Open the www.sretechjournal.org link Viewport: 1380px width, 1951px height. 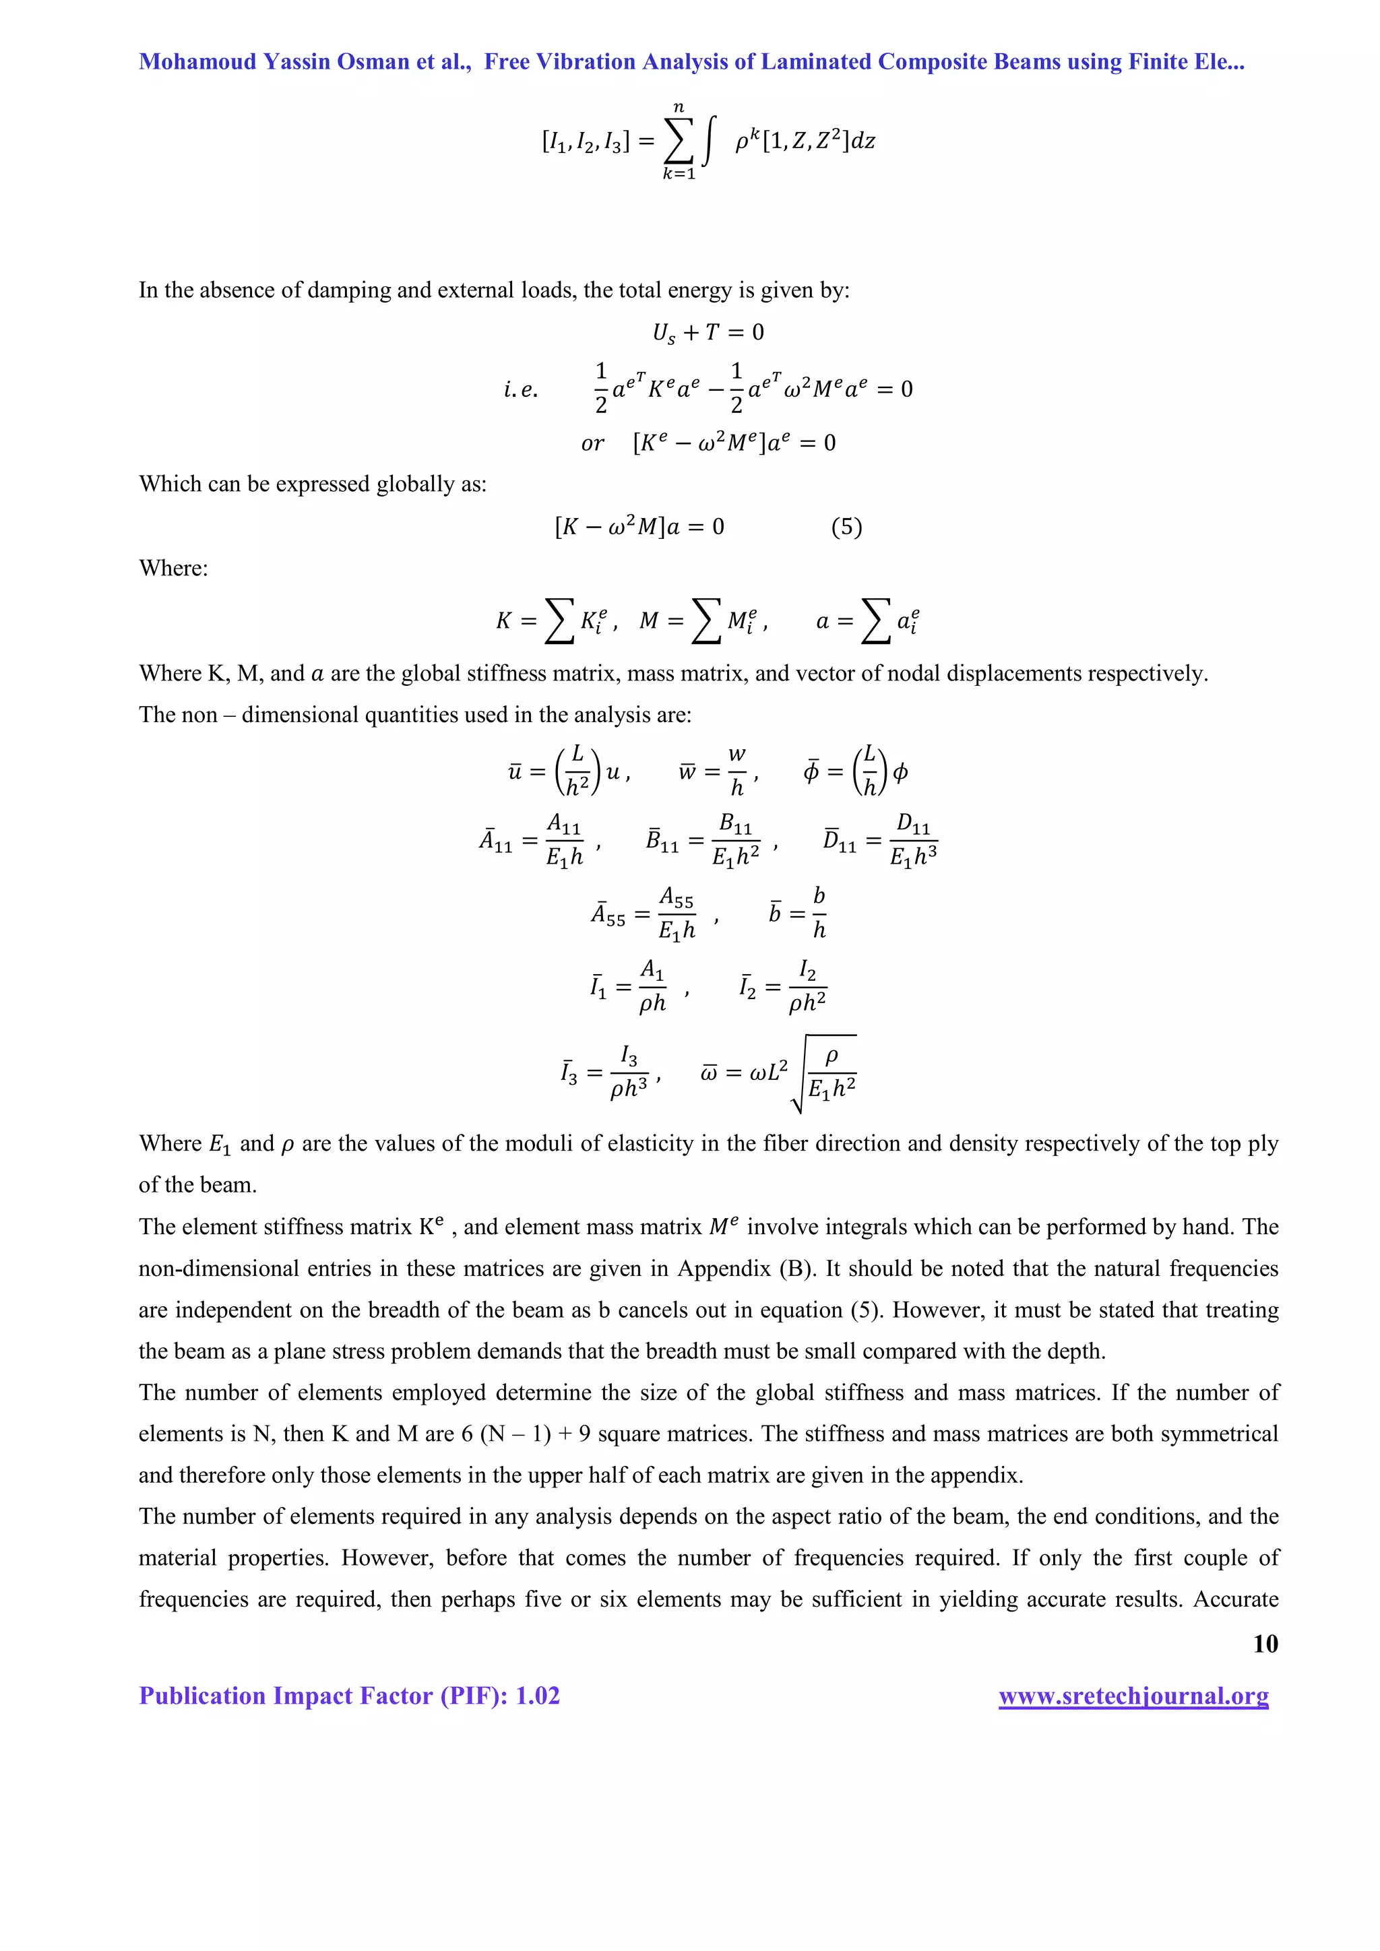[1133, 1696]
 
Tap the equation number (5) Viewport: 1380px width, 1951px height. [846, 527]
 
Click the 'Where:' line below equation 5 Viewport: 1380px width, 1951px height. [173, 568]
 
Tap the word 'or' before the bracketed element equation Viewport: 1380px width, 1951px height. [593, 443]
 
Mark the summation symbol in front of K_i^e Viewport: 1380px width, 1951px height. [559, 621]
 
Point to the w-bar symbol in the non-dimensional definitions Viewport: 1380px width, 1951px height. [687, 771]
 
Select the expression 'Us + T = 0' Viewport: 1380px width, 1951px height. [708, 332]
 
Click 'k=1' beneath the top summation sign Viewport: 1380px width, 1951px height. [679, 174]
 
